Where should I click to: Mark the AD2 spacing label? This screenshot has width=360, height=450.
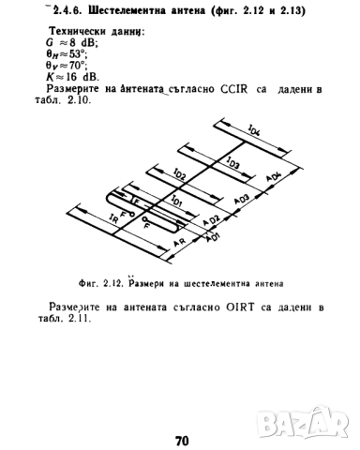coord(212,219)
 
